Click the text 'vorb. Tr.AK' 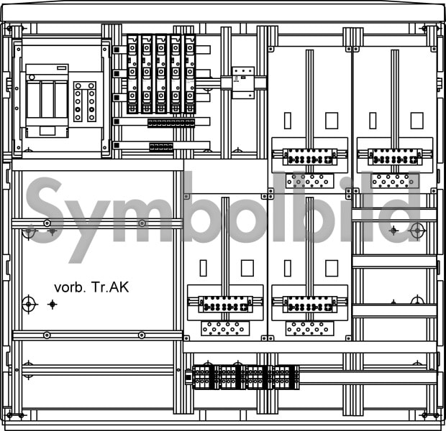click(91, 287)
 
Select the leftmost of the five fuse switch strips click(132, 74)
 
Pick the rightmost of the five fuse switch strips click(190, 74)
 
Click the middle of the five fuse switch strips click(161, 74)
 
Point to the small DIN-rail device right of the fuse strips click(243, 83)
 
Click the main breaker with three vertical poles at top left click(47, 101)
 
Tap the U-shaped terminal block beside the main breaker click(85, 101)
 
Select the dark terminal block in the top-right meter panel click(395, 157)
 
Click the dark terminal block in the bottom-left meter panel click(225, 305)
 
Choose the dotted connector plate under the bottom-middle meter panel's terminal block click(310, 328)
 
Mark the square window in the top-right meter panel click(417, 121)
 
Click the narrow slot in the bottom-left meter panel click(203, 268)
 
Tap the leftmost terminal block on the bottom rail click(203, 377)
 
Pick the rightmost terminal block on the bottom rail click(286, 377)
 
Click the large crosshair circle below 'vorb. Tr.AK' click(29, 305)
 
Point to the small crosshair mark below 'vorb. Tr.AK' click(53, 305)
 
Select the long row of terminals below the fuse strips click(171, 123)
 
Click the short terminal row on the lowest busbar click(161, 147)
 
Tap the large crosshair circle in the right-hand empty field click(417, 231)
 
